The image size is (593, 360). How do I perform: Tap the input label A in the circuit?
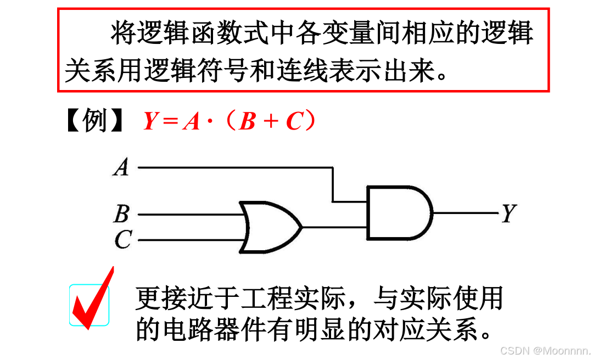pos(121,166)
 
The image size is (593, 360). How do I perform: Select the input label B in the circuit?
pos(121,214)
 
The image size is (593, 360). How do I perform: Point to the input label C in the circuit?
pos(122,240)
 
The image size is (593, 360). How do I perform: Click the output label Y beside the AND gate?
pos(508,213)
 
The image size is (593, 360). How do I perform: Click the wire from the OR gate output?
pos(334,227)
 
